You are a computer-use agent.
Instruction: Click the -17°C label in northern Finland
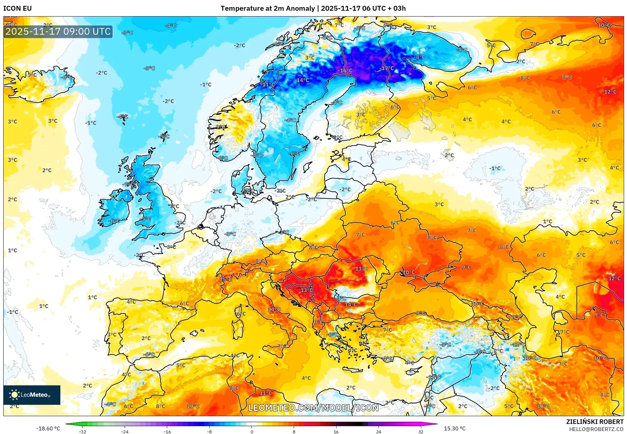tap(387, 68)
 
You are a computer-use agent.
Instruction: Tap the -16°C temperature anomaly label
tap(345, 71)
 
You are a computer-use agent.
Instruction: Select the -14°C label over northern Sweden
tap(302, 80)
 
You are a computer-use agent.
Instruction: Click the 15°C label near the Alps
tap(226, 280)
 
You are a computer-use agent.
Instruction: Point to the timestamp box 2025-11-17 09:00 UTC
tap(58, 31)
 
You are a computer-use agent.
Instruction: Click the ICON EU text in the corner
tap(18, 8)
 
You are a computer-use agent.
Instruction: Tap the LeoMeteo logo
tap(31, 395)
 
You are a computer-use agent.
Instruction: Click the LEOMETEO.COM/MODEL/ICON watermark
tap(313, 408)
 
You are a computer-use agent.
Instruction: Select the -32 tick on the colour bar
tap(82, 431)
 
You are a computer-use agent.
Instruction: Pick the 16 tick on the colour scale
tap(336, 431)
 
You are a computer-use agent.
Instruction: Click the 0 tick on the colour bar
tap(252, 431)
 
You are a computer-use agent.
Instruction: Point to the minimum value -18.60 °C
tap(48, 428)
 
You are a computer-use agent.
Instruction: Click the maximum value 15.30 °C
tap(455, 428)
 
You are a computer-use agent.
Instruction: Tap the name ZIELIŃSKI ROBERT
tap(595, 422)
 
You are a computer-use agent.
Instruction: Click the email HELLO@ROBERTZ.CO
tap(596, 429)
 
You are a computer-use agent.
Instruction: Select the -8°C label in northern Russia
tap(420, 57)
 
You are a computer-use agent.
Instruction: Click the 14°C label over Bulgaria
tap(351, 305)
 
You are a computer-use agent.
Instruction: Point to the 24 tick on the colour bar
tap(378, 431)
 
